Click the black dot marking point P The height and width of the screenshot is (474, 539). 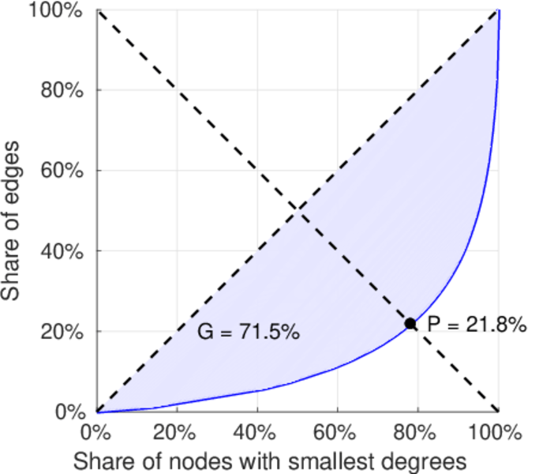click(x=410, y=323)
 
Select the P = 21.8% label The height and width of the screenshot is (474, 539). click(x=476, y=324)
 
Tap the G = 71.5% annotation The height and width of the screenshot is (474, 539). click(x=248, y=333)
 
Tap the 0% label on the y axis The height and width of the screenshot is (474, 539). click(x=73, y=412)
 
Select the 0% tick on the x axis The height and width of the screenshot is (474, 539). click(x=97, y=432)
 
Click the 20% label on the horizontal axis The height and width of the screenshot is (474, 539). click(x=177, y=432)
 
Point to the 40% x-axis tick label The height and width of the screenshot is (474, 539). click(x=257, y=432)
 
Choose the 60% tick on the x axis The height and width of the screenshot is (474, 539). click(x=337, y=432)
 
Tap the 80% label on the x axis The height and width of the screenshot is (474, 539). click(x=417, y=432)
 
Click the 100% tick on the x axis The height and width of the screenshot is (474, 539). click(x=497, y=432)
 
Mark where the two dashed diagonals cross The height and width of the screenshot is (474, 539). click(x=298, y=209)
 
